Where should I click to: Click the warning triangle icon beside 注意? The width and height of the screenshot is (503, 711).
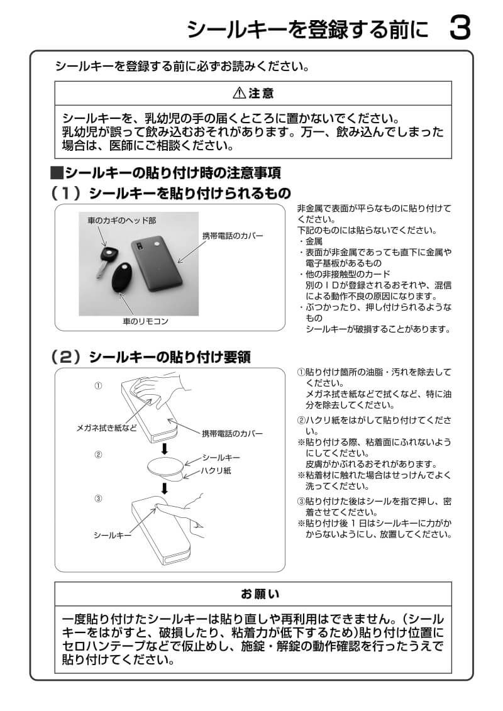coord(240,94)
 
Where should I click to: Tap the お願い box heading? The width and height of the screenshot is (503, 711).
coord(253,593)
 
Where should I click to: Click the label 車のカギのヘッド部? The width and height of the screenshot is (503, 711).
coord(121,221)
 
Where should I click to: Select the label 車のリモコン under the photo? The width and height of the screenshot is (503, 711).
coord(145,321)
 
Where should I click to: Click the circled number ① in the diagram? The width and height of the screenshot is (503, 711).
coord(98,385)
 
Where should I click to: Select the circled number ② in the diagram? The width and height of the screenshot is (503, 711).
coord(98,454)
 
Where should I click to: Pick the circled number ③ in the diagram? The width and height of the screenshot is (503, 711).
coord(98,499)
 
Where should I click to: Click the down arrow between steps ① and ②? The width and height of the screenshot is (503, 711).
coord(165,448)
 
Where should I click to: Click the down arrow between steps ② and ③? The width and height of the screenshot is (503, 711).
coord(165,488)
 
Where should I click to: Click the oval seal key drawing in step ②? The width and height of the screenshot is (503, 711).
coord(165,467)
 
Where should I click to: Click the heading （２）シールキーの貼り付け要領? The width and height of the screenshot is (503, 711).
coord(151,357)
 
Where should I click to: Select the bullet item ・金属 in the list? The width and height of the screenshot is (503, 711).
coord(311,241)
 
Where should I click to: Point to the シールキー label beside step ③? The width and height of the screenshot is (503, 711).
coord(112,535)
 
